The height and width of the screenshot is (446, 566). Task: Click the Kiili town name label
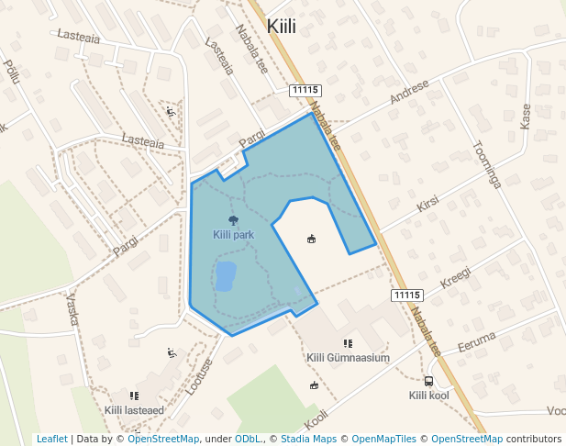point(281,27)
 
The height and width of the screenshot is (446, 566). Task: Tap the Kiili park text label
point(233,235)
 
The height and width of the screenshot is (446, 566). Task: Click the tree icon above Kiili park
point(233,220)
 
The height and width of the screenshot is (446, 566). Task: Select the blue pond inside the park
point(225,275)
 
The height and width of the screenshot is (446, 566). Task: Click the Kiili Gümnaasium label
point(348,358)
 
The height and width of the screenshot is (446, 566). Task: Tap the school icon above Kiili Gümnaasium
point(348,343)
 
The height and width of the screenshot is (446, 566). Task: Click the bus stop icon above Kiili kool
point(428,381)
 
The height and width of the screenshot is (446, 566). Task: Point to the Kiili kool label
point(428,396)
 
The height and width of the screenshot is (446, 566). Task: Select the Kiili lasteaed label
point(134,410)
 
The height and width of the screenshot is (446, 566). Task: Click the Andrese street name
point(409,92)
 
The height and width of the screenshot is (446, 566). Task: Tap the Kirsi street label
point(427,204)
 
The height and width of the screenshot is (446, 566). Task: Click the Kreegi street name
point(455,277)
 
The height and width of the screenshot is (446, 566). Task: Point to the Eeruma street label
point(476,340)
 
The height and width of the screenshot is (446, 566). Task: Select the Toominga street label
point(486,164)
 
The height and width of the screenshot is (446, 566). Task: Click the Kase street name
point(526,117)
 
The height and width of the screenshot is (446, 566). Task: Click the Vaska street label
point(72,311)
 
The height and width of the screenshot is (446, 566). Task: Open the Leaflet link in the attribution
point(51,440)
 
